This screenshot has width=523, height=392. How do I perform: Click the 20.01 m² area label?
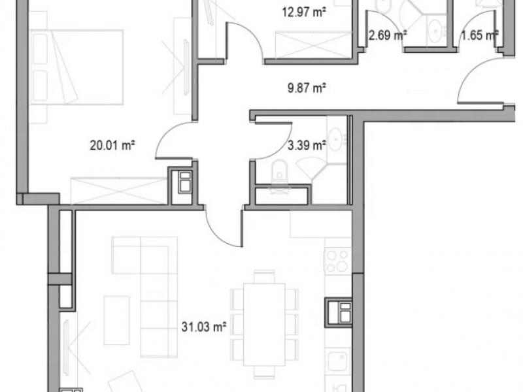[112, 145]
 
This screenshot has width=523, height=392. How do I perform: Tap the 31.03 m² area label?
[204, 327]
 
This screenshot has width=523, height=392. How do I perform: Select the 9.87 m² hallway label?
[307, 88]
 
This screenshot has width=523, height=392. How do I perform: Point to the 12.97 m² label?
[304, 12]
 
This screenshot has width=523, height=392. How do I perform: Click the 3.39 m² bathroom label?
[307, 145]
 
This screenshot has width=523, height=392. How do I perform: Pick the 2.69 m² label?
[387, 35]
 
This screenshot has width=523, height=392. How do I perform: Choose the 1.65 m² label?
[480, 35]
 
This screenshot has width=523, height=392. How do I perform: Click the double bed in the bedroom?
[76, 67]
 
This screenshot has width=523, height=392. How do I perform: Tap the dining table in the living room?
[264, 324]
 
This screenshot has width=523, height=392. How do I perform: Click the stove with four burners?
[337, 261]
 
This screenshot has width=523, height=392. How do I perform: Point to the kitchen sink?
[337, 361]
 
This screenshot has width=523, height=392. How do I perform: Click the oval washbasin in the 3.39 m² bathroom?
[336, 139]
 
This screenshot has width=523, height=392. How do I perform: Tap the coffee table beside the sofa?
[117, 320]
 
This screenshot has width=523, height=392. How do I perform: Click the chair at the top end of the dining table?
[264, 276]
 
